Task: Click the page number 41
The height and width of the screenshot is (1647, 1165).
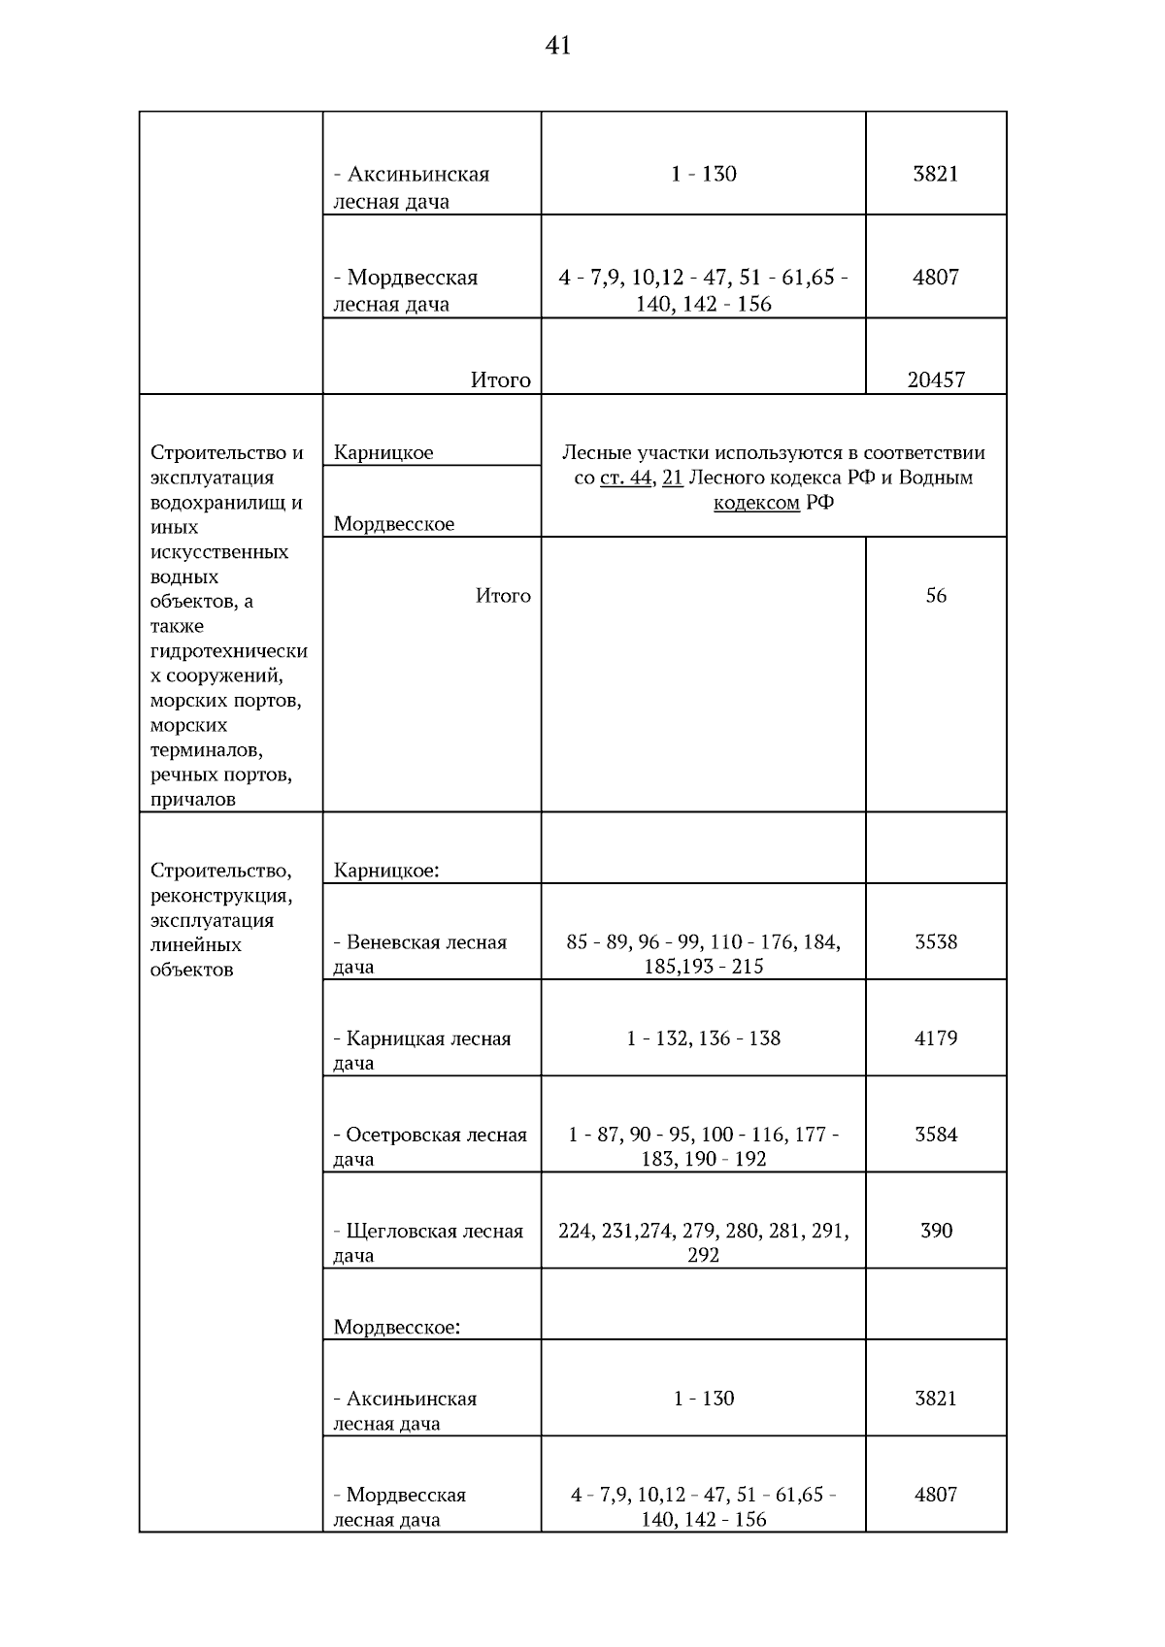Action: click(558, 46)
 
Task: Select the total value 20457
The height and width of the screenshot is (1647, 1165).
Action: click(936, 379)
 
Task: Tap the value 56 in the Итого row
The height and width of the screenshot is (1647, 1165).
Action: click(936, 595)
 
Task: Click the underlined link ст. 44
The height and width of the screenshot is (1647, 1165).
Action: click(625, 478)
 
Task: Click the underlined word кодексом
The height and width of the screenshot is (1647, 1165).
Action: click(756, 503)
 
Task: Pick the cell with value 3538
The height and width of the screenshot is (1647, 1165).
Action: click(936, 941)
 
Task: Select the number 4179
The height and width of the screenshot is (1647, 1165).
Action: click(936, 1038)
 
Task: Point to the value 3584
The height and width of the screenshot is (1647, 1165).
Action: click(936, 1134)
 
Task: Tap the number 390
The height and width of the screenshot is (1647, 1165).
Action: click(936, 1230)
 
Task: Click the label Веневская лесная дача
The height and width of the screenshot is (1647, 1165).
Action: click(419, 953)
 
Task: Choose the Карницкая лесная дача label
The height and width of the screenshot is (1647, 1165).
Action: click(421, 1049)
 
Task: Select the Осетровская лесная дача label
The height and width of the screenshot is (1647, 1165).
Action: click(429, 1145)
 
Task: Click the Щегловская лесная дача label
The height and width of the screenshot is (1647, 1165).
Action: click(427, 1241)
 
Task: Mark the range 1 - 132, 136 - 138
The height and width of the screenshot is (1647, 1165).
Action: click(703, 1038)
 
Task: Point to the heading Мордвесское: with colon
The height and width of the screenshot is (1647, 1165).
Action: click(396, 1327)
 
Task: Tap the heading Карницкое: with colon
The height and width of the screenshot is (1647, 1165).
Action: click(386, 870)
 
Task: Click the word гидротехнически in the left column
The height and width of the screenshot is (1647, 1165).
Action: click(229, 651)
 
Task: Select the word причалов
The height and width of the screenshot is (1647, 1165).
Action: click(192, 800)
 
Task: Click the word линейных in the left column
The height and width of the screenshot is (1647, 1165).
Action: click(196, 944)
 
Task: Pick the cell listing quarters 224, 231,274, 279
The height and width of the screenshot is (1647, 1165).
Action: click(703, 1242)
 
